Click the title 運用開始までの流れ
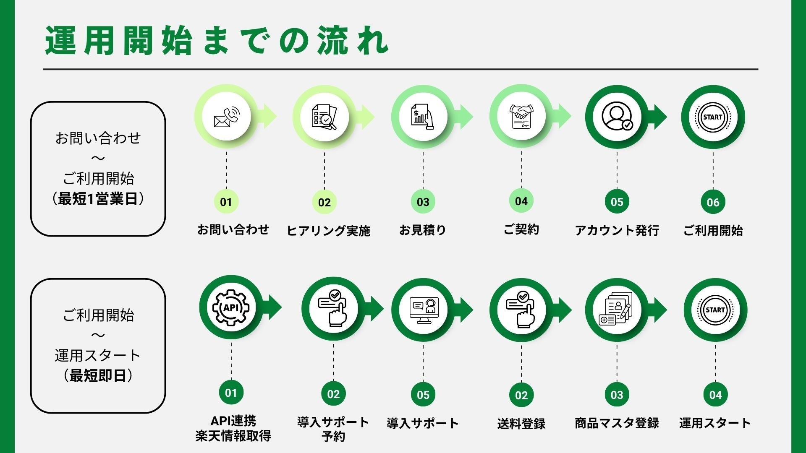pyautogui.click(x=217, y=41)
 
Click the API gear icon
pyautogui.click(x=231, y=307)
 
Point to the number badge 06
pyautogui.click(x=713, y=202)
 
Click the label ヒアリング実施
pyautogui.click(x=328, y=230)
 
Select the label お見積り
pyautogui.click(x=422, y=230)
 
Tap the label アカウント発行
pyautogui.click(x=617, y=230)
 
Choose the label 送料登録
pyautogui.click(x=521, y=424)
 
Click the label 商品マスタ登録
pyautogui.click(x=617, y=423)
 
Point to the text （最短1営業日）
pyautogui.click(x=98, y=198)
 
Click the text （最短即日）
pyautogui.click(x=98, y=375)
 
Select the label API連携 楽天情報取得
pyautogui.click(x=233, y=428)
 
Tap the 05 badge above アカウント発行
pyautogui.click(x=617, y=202)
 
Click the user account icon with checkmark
pyautogui.click(x=617, y=117)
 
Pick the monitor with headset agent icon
pyautogui.click(x=423, y=310)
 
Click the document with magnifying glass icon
pyautogui.click(x=324, y=116)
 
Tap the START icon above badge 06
pyautogui.click(x=713, y=117)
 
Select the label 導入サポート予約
pyautogui.click(x=333, y=429)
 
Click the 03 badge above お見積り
pyautogui.click(x=423, y=202)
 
